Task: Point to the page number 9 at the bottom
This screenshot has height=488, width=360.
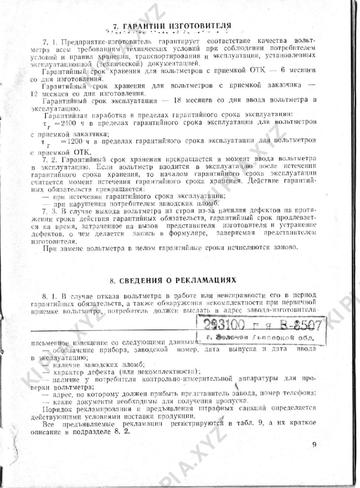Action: pos(314,445)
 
